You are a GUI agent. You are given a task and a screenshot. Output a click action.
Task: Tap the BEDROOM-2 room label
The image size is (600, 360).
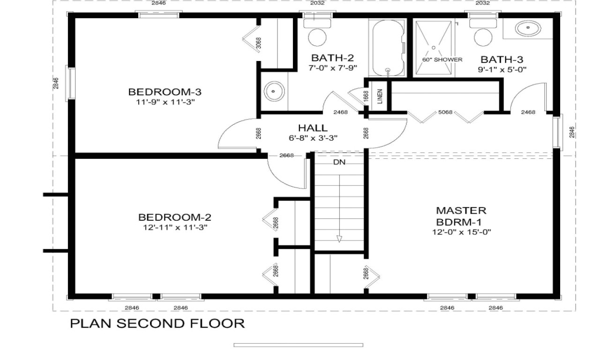click(x=174, y=217)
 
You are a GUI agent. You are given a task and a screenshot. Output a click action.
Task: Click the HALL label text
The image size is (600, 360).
click(x=313, y=128)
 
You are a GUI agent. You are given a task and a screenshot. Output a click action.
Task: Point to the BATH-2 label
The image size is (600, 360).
click(x=332, y=58)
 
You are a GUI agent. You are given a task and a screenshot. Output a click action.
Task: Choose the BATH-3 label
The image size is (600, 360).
click(x=502, y=59)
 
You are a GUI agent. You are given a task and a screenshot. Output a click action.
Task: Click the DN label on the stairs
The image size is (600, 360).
click(x=339, y=163)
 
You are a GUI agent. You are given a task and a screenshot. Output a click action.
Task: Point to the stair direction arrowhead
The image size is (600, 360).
click(x=339, y=239)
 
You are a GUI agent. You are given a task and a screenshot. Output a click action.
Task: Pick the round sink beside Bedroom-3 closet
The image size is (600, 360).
click(x=273, y=91)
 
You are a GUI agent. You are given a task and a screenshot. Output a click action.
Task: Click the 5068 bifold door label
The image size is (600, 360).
click(x=445, y=112)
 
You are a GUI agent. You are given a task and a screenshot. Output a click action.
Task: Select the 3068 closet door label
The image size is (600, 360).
click(x=259, y=43)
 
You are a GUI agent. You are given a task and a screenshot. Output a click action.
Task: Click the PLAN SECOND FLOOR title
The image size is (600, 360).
click(x=157, y=323)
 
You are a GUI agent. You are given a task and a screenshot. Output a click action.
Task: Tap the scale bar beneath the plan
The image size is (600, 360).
click(x=298, y=345)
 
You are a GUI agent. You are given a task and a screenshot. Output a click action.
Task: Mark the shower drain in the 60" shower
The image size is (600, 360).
click(x=434, y=47)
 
